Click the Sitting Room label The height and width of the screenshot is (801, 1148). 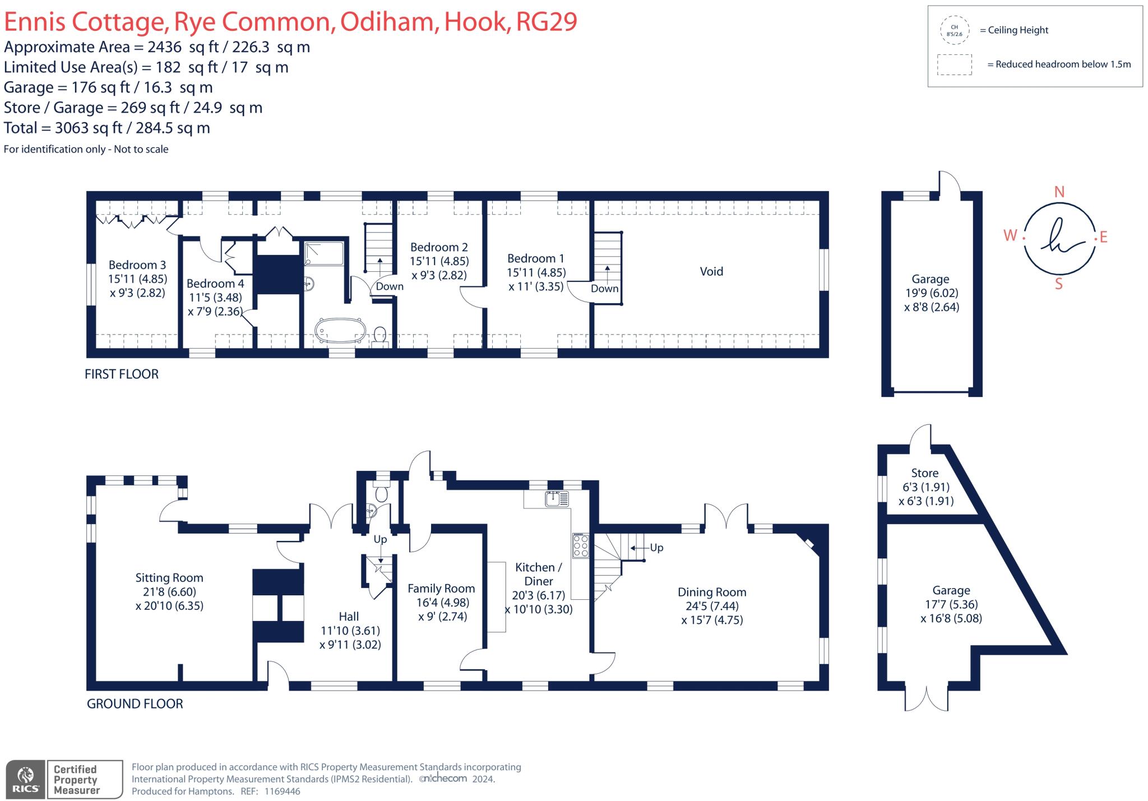coord(169,578)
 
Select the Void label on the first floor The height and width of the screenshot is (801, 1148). coord(711,271)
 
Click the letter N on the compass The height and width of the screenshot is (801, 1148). coord(1059,192)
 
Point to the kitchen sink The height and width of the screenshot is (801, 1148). coord(557,498)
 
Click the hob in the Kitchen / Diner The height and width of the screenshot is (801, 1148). coord(581,545)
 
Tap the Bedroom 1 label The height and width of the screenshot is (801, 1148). coord(536,258)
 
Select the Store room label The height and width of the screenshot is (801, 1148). coord(925,473)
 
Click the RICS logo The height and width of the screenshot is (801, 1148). coord(25,779)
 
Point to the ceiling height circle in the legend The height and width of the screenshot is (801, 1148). coord(955,30)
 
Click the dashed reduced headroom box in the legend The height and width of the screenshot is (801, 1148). coord(955,64)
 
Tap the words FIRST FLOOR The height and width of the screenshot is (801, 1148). coord(122,374)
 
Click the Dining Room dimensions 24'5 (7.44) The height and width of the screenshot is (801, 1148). coord(712,606)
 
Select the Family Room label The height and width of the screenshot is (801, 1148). coord(441,589)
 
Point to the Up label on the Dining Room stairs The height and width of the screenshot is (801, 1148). coord(656,548)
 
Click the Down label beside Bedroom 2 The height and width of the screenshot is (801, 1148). coord(390,286)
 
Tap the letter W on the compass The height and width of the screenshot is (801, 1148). coord(1010,235)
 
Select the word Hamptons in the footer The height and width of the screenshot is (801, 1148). coord(210,791)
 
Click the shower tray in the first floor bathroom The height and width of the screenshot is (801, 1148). coord(324,253)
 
